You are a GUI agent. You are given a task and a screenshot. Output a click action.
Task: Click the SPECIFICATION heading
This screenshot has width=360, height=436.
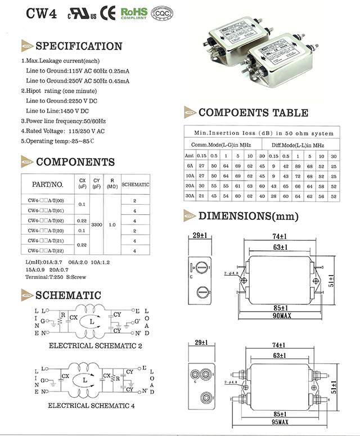(x=79, y=46)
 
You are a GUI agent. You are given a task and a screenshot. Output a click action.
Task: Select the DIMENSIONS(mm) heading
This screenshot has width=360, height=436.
(x=249, y=216)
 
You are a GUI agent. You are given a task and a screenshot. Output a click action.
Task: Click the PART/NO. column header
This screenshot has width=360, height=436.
(x=48, y=184)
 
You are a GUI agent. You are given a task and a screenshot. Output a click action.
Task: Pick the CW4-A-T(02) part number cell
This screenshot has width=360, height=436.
(x=46, y=221)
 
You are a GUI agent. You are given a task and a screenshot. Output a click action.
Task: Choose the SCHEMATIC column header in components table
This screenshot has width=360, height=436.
(x=136, y=185)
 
